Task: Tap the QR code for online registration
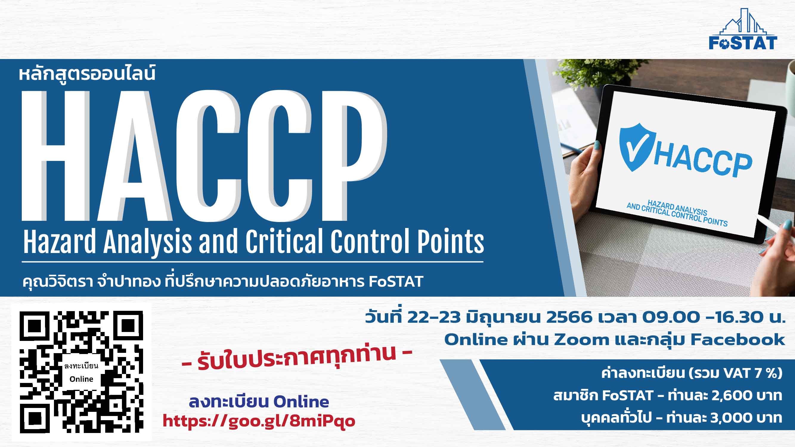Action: (81, 372)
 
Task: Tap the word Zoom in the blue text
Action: (582, 340)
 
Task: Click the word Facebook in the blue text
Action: (737, 340)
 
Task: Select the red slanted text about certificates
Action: (297, 358)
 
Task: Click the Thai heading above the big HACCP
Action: (87, 74)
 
